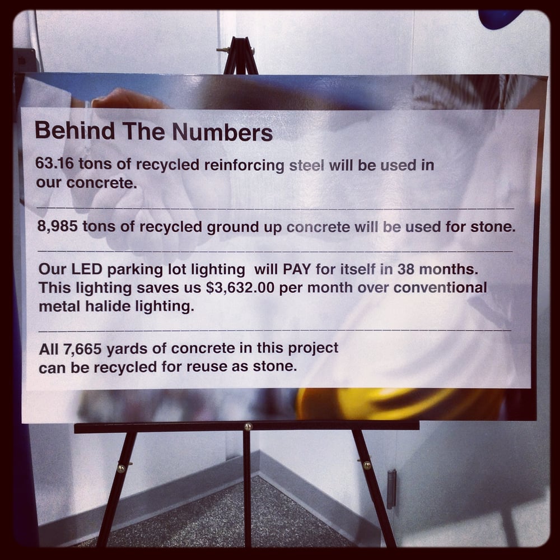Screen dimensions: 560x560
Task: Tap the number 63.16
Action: (54, 163)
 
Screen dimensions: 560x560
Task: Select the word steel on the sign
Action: (307, 165)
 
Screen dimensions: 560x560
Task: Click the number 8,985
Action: (57, 226)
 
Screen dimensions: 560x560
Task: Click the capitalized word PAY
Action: (297, 269)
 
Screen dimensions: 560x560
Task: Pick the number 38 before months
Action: (405, 269)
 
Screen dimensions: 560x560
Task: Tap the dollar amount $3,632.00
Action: (240, 287)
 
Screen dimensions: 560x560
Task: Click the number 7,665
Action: (82, 349)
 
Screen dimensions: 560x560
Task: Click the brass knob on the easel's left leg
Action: (121, 468)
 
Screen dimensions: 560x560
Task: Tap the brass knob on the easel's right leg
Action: (367, 465)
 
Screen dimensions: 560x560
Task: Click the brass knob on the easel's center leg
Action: (248, 426)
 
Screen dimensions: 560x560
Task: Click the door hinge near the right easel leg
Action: (392, 488)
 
